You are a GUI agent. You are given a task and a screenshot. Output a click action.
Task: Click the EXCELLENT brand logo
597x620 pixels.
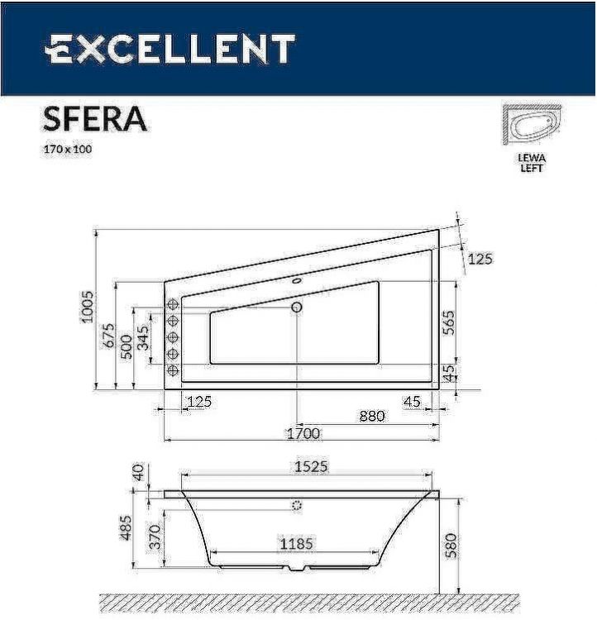pyautogui.click(x=169, y=49)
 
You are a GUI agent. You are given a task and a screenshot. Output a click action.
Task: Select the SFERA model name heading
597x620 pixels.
pyautogui.click(x=94, y=120)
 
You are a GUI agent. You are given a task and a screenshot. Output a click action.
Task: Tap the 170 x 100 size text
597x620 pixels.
pyautogui.click(x=67, y=150)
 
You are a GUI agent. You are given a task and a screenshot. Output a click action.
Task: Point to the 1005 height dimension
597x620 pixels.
pyautogui.click(x=88, y=307)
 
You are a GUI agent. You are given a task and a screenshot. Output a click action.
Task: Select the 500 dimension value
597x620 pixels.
pyautogui.click(x=127, y=345)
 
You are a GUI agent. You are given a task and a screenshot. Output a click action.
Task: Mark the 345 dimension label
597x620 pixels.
pyautogui.click(x=145, y=339)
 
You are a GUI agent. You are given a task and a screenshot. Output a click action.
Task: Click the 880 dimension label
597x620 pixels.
pyautogui.click(x=371, y=416)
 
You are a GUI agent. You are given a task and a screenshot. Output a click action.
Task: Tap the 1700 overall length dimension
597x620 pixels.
pyautogui.click(x=303, y=433)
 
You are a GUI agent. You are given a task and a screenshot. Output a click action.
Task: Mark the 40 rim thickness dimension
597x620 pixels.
pyautogui.click(x=138, y=474)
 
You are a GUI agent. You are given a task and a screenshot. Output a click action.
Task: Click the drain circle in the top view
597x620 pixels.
pyautogui.click(x=297, y=308)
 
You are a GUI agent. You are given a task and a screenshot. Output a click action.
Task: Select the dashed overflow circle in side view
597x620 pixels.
pyautogui.click(x=297, y=505)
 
